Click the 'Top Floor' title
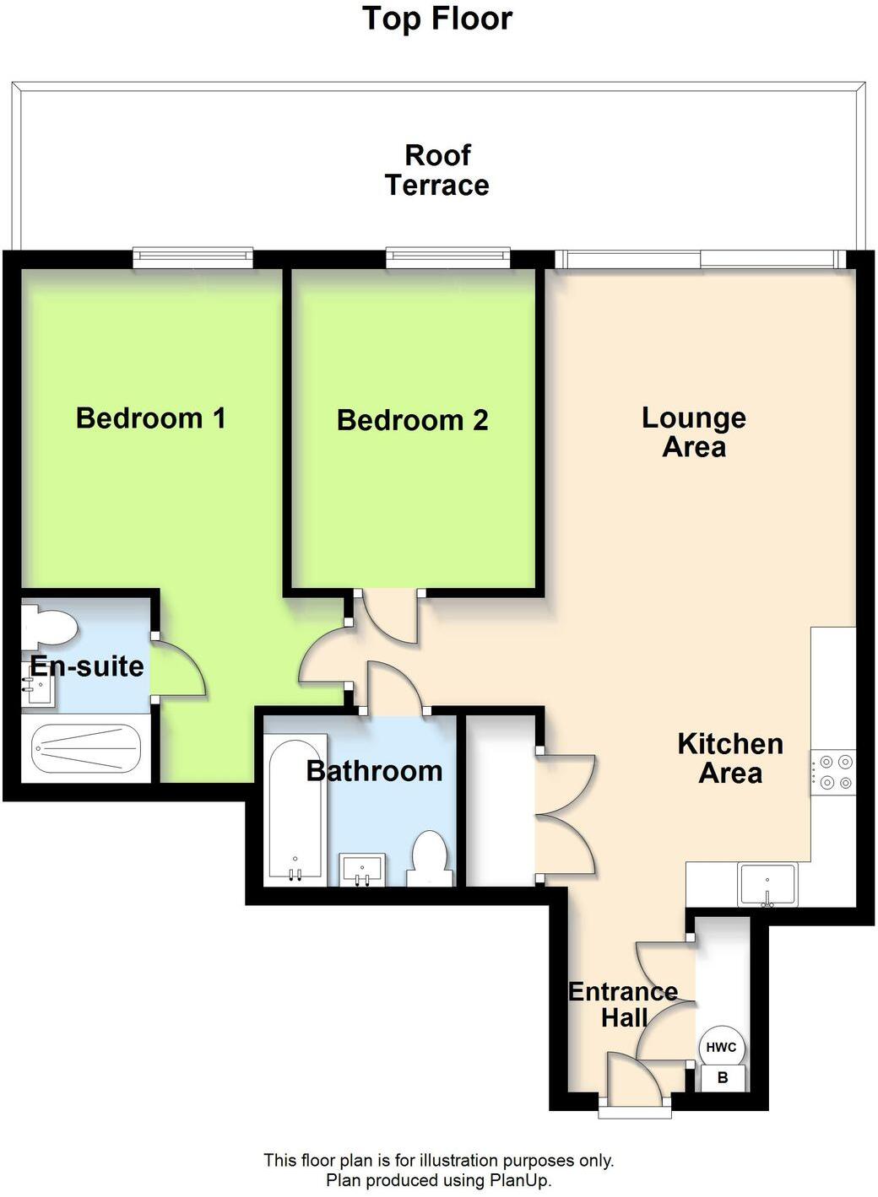pos(437,19)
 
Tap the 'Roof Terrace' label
pos(437,170)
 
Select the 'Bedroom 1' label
pos(151,418)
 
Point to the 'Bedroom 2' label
pos(412,420)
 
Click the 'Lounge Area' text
pos(694,432)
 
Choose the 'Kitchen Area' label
pos(730,758)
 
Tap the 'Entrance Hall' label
pos(623,1005)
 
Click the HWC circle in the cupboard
pos(721,1048)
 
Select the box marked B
pos(722,1078)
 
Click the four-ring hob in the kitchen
pos(833,772)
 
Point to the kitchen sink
pos(767,885)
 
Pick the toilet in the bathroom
pos(431,859)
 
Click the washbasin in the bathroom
pos(363,870)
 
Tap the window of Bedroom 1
pos(193,256)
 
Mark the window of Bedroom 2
pos(448,256)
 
